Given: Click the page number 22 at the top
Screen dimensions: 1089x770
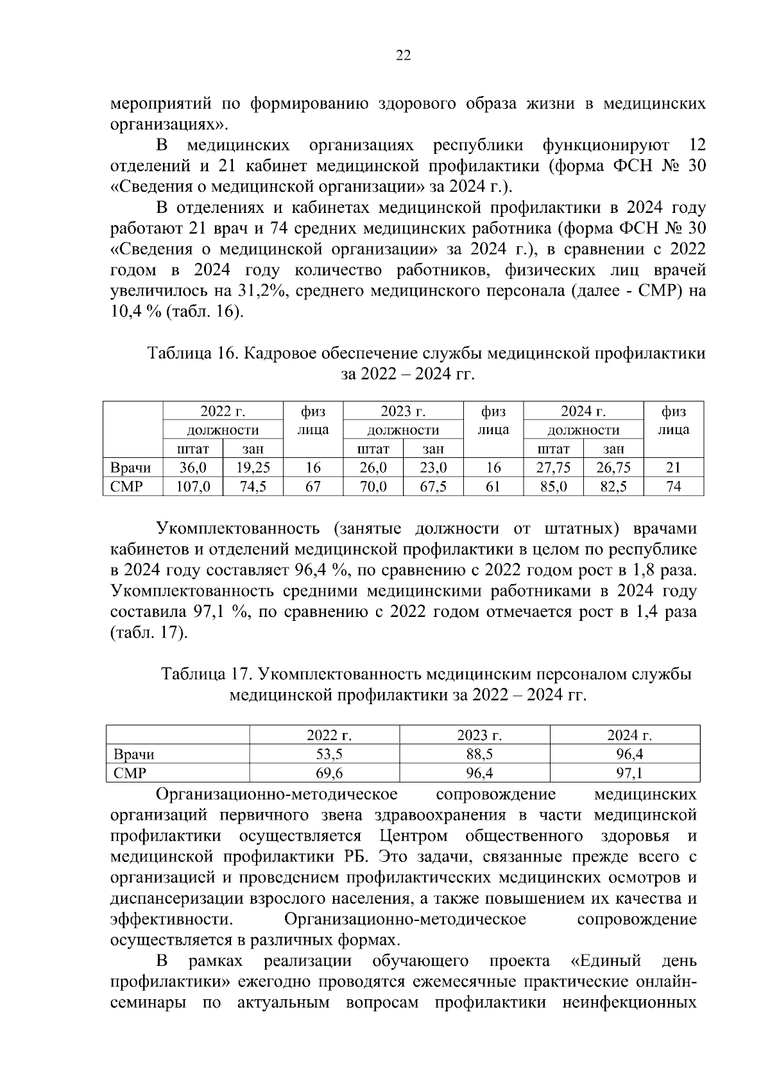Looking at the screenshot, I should point(403,56).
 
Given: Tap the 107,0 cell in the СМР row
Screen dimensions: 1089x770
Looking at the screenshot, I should point(193,487).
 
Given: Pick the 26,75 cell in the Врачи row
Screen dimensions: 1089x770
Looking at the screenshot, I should point(613,468).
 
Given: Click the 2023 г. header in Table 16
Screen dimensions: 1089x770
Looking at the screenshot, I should point(403,411).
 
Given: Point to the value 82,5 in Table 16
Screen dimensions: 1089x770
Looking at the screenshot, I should point(613,487).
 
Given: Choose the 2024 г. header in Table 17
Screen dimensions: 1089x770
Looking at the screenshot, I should point(629,736).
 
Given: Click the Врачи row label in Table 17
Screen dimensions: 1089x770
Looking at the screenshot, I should point(134,754).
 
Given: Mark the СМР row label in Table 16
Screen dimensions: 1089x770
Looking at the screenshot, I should point(126,487).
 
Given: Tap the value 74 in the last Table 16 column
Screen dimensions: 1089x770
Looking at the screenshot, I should point(673,487).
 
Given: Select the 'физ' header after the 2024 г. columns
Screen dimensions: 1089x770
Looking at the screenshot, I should point(673,411).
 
